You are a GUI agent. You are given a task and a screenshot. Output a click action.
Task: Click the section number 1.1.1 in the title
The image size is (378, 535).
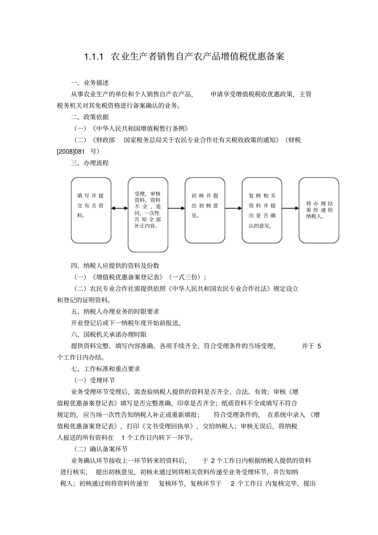[94, 56]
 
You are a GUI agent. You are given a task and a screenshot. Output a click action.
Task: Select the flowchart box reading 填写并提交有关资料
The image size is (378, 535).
[91, 210]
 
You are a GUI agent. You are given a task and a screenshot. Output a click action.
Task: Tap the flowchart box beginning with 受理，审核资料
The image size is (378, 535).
[148, 215]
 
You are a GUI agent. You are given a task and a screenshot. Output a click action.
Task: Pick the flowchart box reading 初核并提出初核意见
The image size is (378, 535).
[205, 210]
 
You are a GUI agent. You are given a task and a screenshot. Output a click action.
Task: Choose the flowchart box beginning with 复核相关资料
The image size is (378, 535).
[262, 210]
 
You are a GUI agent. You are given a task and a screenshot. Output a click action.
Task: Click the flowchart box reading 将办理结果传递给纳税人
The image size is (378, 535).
[319, 210]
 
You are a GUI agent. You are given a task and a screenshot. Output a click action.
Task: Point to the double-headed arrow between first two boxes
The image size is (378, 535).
[119, 208]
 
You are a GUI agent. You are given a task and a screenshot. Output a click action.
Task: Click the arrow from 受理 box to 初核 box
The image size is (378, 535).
[176, 208]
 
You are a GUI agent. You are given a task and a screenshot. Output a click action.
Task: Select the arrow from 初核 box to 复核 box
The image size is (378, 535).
[234, 208]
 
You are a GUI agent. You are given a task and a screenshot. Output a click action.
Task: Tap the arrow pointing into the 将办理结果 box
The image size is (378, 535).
[290, 208]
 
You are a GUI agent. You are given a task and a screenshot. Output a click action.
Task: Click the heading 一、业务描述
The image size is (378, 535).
[90, 83]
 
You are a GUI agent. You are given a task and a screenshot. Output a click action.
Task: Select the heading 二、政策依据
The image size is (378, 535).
[90, 117]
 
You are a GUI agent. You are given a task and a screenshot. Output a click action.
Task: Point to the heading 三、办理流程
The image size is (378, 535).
[90, 163]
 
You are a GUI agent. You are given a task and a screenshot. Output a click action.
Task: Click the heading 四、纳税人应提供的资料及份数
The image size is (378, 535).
[115, 266]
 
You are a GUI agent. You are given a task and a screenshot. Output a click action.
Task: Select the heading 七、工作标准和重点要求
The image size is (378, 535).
[105, 369]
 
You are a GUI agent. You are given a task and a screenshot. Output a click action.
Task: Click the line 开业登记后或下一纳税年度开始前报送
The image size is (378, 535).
[126, 323]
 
